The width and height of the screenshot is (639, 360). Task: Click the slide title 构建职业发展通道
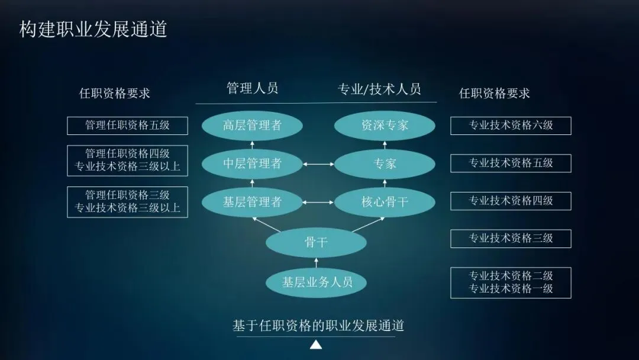pyautogui.click(x=93, y=29)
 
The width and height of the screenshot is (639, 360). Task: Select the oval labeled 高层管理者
pyautogui.click(x=252, y=126)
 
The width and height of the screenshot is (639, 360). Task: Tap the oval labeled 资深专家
pyautogui.click(x=385, y=126)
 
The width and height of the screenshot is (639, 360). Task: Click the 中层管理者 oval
pyautogui.click(x=252, y=164)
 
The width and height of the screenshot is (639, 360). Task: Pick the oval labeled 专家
pyautogui.click(x=385, y=164)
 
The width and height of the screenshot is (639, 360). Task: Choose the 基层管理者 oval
pyautogui.click(x=252, y=202)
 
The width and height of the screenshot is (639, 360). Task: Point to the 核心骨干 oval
pyautogui.click(x=385, y=202)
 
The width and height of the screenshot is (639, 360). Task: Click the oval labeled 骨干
pyautogui.click(x=316, y=242)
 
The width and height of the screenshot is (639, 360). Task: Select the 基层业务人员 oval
pyautogui.click(x=316, y=282)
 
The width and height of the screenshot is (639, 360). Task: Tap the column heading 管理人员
pyautogui.click(x=252, y=89)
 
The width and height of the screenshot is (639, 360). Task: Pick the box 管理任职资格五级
pyautogui.click(x=127, y=126)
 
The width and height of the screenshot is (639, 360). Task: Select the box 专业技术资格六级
pyautogui.click(x=511, y=126)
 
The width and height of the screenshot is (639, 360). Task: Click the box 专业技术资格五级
pyautogui.click(x=511, y=163)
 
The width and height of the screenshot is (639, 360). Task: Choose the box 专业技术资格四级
pyautogui.click(x=511, y=201)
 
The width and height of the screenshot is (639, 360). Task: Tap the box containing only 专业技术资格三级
pyautogui.click(x=511, y=239)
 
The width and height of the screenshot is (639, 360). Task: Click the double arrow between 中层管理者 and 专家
pyautogui.click(x=318, y=164)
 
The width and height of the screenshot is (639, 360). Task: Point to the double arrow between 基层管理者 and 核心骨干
pyautogui.click(x=318, y=202)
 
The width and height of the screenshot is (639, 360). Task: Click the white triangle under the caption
pyautogui.click(x=316, y=345)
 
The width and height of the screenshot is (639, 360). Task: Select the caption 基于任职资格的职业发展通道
pyautogui.click(x=318, y=326)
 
